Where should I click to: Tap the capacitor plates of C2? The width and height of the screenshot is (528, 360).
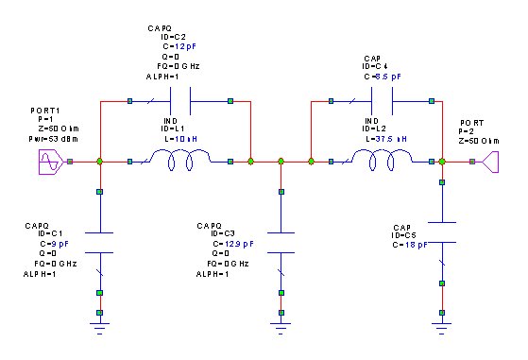(179, 99)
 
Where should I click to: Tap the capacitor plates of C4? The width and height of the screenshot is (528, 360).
(383, 99)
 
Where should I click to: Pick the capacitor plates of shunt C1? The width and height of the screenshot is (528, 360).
(99, 242)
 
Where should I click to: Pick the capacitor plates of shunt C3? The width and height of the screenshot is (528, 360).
(280, 242)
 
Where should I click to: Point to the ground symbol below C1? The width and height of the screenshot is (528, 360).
(99, 325)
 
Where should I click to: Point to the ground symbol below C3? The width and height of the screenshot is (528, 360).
(280, 325)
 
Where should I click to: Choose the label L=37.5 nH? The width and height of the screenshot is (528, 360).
(386, 138)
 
